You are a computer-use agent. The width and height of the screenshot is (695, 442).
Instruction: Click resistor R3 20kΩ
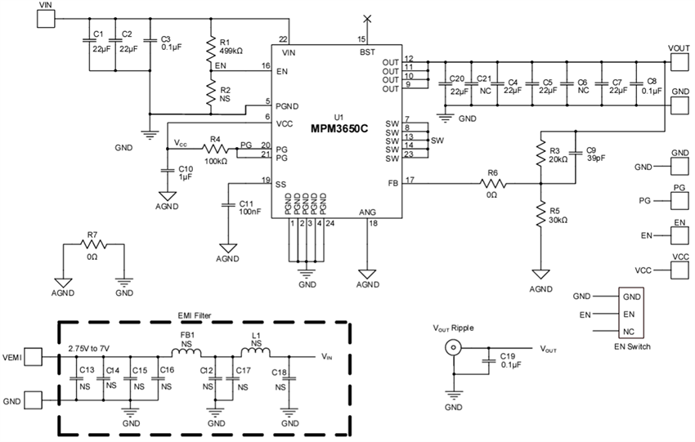[x=540, y=154]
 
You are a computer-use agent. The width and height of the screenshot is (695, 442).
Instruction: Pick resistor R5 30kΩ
[x=540, y=215]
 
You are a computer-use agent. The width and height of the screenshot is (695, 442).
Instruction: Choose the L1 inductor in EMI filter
[x=253, y=354]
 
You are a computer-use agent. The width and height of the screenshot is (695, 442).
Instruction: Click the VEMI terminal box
[x=34, y=356]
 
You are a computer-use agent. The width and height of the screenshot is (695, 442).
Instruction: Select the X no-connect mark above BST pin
[x=367, y=18]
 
